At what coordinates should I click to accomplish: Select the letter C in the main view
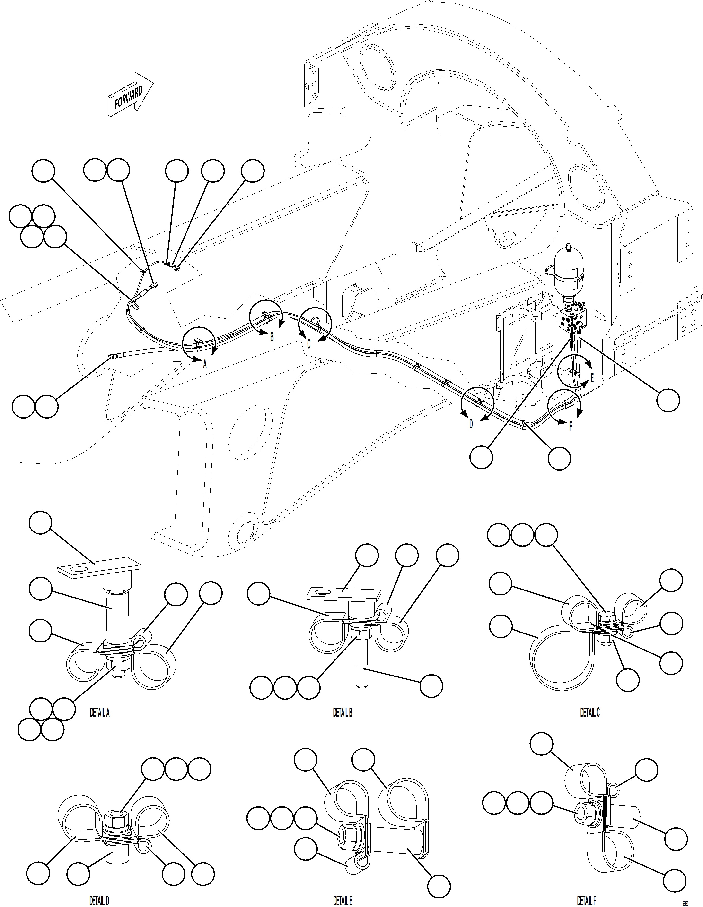click(x=309, y=344)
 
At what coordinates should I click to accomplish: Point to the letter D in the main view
click(x=471, y=424)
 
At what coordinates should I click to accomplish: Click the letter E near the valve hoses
click(x=592, y=378)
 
